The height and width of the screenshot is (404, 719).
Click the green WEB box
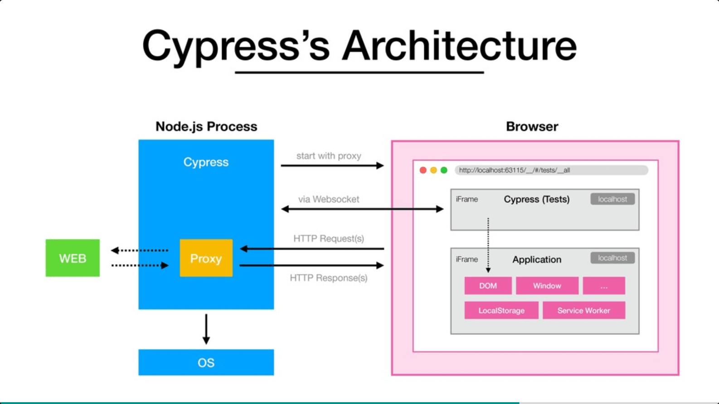73,258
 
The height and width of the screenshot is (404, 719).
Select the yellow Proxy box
206,258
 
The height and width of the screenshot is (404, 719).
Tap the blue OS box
206,362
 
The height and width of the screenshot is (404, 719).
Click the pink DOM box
488,286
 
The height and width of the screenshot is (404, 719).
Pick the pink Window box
547,286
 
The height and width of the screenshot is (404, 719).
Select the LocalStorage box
501,310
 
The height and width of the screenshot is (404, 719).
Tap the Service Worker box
583,310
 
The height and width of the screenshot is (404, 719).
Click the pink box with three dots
604,286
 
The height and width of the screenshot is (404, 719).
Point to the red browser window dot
423,170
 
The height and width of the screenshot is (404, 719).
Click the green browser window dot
444,170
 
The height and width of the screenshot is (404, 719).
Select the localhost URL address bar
551,170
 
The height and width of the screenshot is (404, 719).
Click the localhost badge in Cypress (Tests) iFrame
612,199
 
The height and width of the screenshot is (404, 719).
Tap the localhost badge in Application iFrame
612,258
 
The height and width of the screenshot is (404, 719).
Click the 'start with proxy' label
329,156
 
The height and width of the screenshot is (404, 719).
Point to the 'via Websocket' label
329,199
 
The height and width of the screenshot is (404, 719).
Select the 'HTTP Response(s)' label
329,278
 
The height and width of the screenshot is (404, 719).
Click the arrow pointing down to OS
206,329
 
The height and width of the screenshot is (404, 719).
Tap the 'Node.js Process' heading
206,126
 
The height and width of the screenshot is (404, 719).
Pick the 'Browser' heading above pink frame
532,126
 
